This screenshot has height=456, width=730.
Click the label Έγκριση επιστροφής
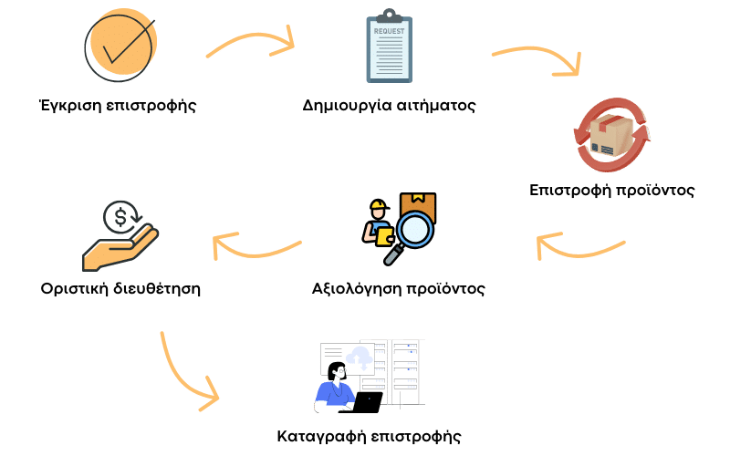tap(119, 104)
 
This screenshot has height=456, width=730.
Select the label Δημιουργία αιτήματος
tap(390, 105)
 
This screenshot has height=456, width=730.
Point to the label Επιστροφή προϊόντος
tap(613, 192)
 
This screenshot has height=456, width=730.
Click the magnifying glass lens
tap(414, 229)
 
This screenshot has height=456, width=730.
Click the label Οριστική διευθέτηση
tap(121, 289)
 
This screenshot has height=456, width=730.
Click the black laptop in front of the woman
tap(368, 402)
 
